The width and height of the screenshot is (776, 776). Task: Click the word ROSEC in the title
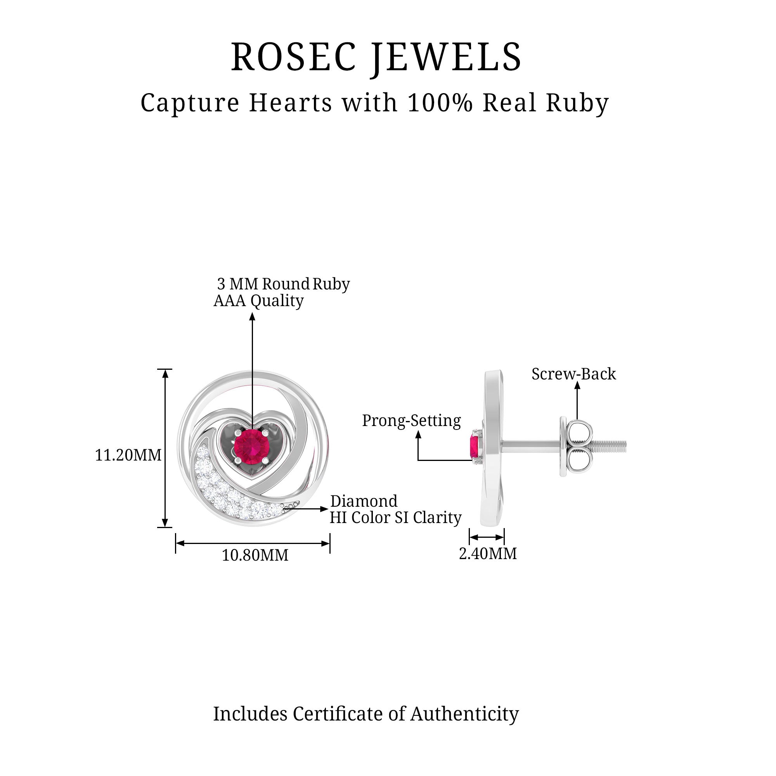click(294, 57)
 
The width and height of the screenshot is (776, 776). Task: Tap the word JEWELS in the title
click(446, 57)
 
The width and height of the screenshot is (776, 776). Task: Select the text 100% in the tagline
click(440, 103)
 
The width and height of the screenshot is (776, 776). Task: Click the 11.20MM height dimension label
click(128, 455)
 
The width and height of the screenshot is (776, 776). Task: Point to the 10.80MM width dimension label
click(255, 556)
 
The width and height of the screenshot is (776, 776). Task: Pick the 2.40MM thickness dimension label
click(488, 554)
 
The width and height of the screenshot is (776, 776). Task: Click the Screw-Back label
click(573, 374)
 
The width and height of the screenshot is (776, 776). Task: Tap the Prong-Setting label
click(411, 421)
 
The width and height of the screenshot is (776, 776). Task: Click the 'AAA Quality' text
click(258, 300)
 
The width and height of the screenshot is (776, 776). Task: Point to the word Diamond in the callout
click(364, 501)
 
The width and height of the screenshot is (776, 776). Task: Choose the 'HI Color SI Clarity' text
click(395, 518)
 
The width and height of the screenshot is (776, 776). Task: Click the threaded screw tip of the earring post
click(610, 445)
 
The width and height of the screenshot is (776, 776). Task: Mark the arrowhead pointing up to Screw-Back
click(577, 385)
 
